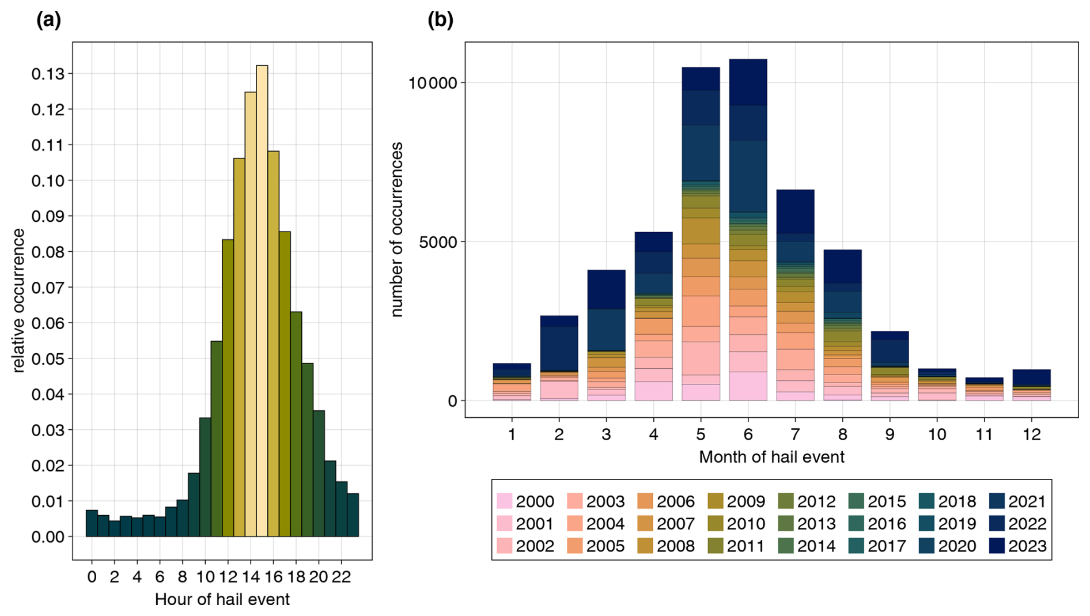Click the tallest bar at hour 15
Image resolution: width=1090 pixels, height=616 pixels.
pos(262,300)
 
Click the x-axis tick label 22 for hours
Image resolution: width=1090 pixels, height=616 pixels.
pos(341,577)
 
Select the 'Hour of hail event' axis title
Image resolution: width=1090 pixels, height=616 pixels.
pos(222,599)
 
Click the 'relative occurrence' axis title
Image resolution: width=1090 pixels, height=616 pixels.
pos(18,300)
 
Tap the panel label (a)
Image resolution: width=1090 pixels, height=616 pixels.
pos(48,20)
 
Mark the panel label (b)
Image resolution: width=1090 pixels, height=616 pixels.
pos(440,20)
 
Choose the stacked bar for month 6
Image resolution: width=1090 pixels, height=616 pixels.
pos(748,230)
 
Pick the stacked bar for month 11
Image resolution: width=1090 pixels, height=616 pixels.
pos(984,390)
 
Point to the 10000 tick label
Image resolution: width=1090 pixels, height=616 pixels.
pos(432,83)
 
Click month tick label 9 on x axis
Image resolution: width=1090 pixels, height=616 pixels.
pos(890,434)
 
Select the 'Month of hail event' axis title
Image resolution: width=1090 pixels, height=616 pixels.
pos(771,457)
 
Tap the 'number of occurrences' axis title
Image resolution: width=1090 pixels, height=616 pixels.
pos(396,229)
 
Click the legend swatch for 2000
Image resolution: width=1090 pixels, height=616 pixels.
pos(504,501)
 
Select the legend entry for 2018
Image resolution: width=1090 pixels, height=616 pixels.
pos(947,501)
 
